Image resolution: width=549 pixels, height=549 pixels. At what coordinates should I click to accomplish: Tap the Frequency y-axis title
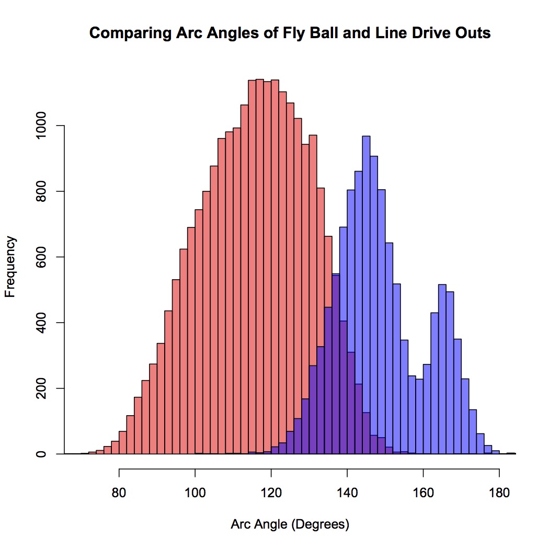10,267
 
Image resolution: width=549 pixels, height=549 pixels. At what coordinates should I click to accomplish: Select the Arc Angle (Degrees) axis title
290,524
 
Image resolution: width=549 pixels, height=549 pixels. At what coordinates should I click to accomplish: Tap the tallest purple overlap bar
336,366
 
